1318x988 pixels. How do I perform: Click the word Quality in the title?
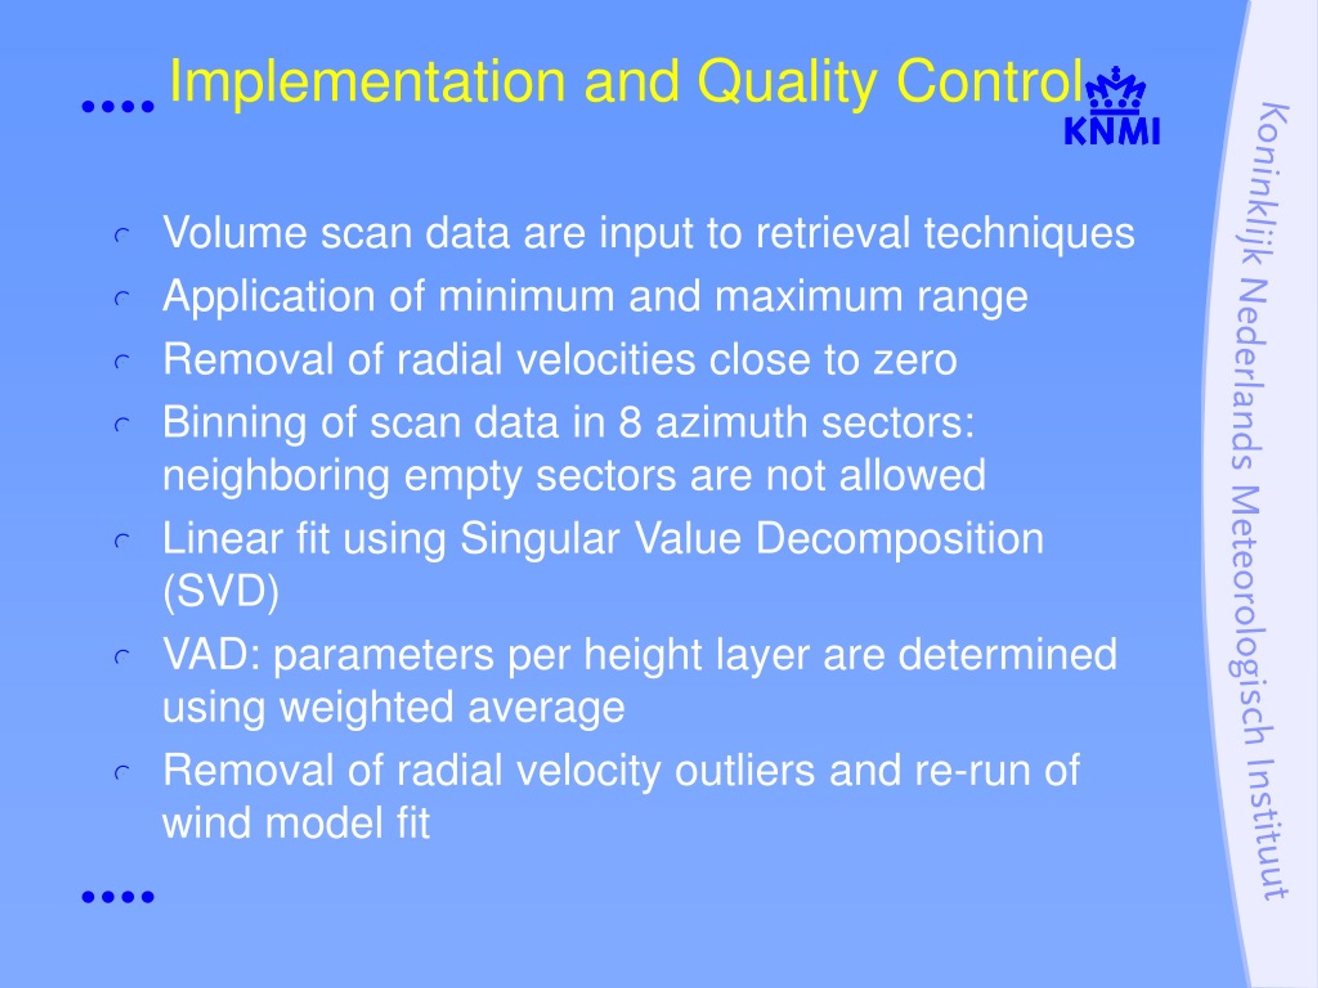[787, 84]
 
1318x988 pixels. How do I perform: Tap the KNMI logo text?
[1112, 132]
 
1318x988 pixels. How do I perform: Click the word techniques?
[1030, 234]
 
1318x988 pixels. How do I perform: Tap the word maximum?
[808, 296]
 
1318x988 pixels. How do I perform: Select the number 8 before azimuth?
[630, 422]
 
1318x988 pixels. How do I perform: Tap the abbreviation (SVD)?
[221, 593]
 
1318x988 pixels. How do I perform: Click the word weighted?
[367, 709]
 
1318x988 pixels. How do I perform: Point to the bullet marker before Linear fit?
[122, 541]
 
